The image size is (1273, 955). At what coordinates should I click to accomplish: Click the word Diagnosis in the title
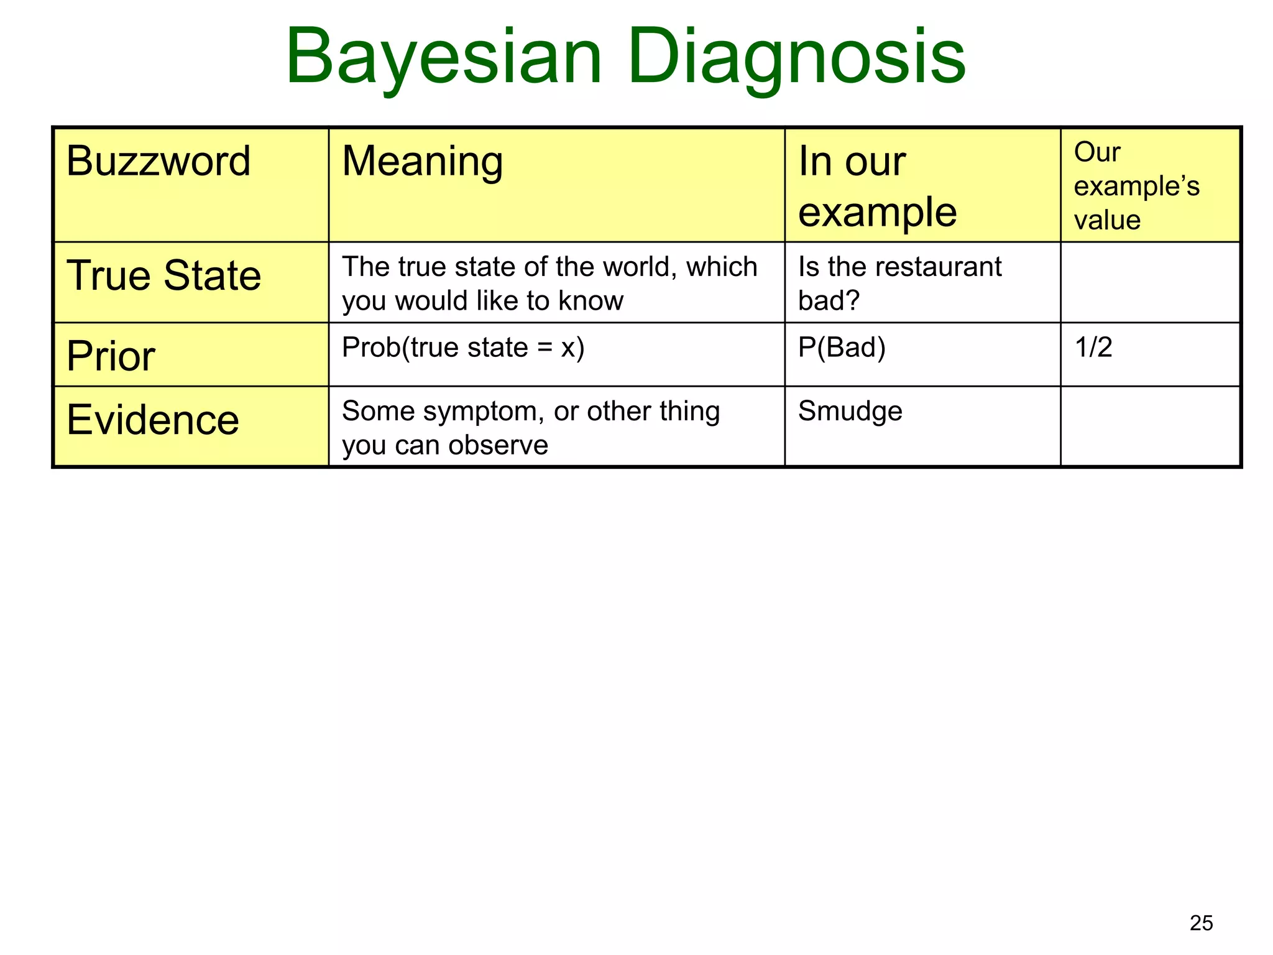click(796, 57)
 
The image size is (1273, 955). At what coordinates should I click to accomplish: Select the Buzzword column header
click(159, 161)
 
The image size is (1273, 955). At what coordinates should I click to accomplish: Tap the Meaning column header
click(422, 161)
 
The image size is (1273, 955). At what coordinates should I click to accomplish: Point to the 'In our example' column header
click(876, 186)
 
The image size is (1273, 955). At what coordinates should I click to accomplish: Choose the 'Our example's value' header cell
click(1136, 186)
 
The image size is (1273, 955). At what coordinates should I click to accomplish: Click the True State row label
click(163, 275)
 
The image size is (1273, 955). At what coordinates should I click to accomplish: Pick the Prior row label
click(111, 356)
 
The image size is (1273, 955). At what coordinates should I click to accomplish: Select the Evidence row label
click(153, 420)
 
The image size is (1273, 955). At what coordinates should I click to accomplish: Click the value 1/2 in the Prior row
click(1093, 347)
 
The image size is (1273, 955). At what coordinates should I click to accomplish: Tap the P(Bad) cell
click(842, 347)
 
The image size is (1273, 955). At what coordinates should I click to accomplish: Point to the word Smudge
click(850, 412)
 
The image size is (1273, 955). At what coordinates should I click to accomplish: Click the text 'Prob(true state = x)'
click(463, 347)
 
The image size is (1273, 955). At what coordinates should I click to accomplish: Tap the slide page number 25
click(1201, 923)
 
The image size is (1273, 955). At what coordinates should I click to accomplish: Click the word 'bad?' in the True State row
click(829, 301)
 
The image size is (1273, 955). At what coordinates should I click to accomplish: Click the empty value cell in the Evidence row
click(1150, 426)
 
